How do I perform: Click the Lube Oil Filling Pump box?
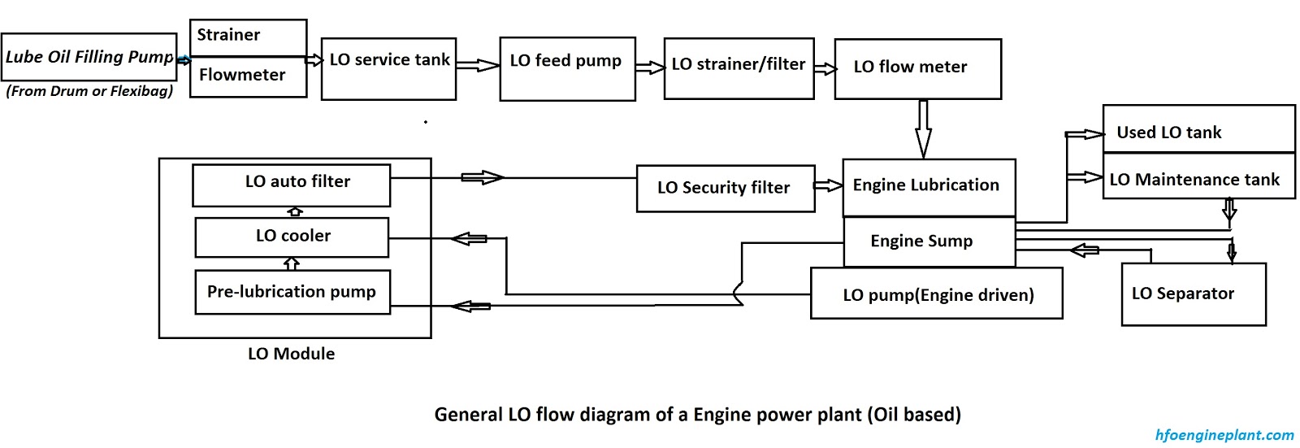pyautogui.click(x=89, y=57)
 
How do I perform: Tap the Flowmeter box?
pyautogui.click(x=248, y=76)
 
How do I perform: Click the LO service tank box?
pyautogui.click(x=388, y=69)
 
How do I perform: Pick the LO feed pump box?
pyautogui.click(x=567, y=69)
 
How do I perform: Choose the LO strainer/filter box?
pyautogui.click(x=739, y=69)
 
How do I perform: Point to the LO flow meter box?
pyautogui.click(x=917, y=69)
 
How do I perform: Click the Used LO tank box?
pyautogui.click(x=1198, y=129)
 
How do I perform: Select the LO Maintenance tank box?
pyautogui.click(x=1198, y=176)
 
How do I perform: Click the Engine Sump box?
pyautogui.click(x=929, y=241)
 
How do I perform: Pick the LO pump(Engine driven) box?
pyautogui.click(x=936, y=294)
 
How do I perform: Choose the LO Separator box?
pyautogui.click(x=1193, y=294)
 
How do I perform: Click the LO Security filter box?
pyautogui.click(x=725, y=189)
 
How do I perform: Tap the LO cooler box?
pyautogui.click(x=292, y=237)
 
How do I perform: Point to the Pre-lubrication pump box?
pyautogui.click(x=292, y=292)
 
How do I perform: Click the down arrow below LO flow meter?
pyautogui.click(x=923, y=128)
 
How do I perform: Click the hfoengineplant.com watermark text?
pyautogui.click(x=1224, y=435)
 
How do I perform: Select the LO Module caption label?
pyautogui.click(x=291, y=354)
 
